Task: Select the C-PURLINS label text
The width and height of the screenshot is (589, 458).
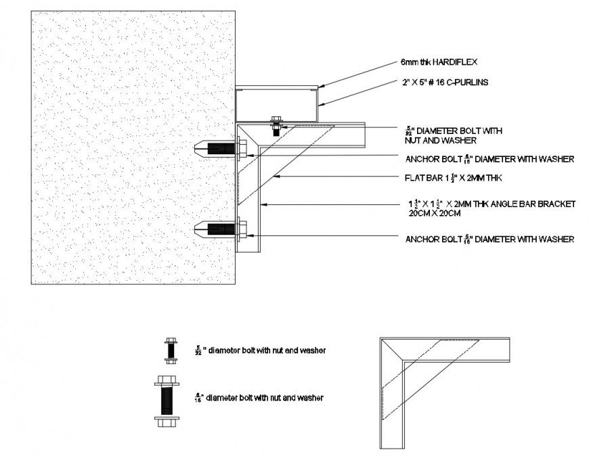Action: pos(461,83)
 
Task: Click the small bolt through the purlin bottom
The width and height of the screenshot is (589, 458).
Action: pos(276,127)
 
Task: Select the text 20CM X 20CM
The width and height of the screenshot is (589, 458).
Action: pos(433,213)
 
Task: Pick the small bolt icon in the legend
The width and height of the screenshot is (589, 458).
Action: pos(168,350)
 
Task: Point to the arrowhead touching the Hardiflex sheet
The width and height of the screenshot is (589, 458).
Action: pos(320,86)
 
